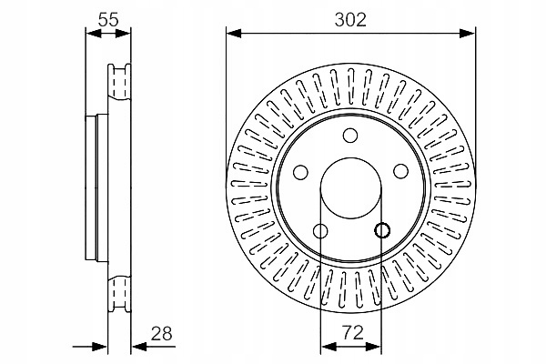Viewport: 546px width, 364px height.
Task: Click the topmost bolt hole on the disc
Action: pyautogui.click(x=349, y=136)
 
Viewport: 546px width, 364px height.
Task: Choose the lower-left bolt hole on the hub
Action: pyautogui.click(x=319, y=230)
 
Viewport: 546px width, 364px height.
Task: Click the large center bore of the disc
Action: pyautogui.click(x=349, y=187)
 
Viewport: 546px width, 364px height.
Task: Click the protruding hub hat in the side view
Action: pyautogui.click(x=93, y=187)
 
